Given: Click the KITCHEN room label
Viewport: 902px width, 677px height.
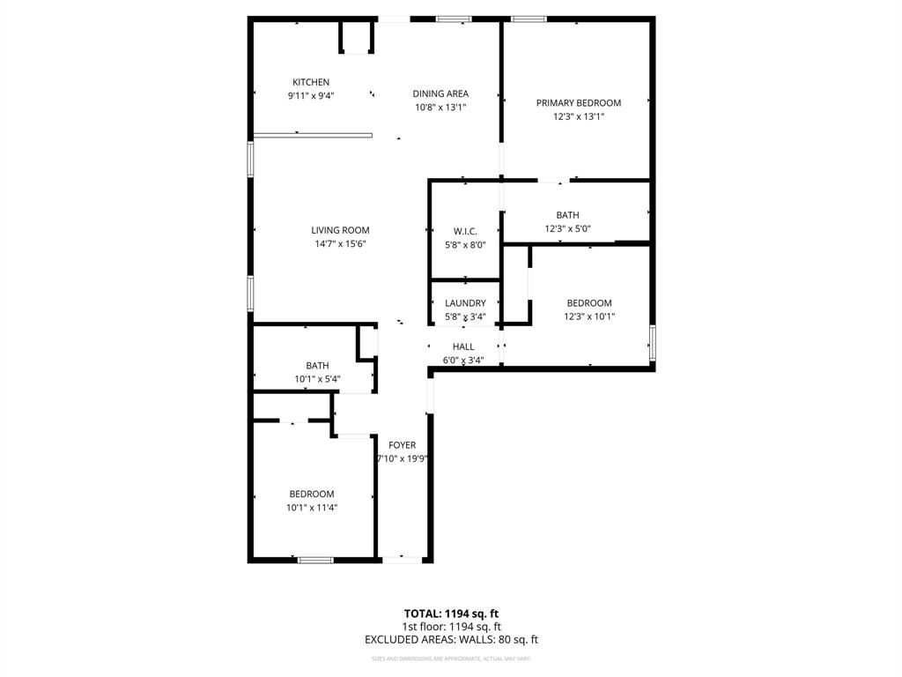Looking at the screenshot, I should pos(311,83).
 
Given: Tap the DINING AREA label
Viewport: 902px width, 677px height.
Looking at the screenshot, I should pos(440,93).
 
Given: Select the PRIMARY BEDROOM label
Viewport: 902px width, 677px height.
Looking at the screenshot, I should pos(579,103).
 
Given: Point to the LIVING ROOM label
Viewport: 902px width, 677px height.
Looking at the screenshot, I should pos(340,231).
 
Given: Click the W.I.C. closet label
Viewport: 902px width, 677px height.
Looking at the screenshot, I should pos(465,232).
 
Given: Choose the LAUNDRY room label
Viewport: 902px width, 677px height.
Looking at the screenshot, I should pos(465,304).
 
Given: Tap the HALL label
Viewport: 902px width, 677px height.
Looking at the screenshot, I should pos(463,347).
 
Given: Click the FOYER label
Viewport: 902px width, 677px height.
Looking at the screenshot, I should pos(403,446).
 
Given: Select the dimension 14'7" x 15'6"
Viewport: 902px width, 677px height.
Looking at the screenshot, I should pos(340,244).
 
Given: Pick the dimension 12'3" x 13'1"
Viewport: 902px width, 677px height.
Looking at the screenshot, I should pos(579,116).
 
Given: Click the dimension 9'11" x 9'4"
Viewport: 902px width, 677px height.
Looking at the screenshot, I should pos(311,96).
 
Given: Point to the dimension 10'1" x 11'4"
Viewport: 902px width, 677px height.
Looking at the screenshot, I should pos(312,507).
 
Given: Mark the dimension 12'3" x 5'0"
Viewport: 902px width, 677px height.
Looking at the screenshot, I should pos(567,228).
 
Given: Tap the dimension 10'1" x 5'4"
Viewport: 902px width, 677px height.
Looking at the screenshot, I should pos(317,379).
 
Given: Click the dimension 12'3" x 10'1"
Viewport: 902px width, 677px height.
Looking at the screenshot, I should pos(589,316).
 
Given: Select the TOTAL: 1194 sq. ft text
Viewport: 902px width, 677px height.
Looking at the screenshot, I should pos(451,614).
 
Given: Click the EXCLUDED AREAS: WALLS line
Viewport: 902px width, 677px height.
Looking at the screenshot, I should pos(451,640).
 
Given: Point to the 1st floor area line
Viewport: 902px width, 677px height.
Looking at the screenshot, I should pos(451,627).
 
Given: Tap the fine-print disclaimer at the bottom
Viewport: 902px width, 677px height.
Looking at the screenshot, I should pos(451,658).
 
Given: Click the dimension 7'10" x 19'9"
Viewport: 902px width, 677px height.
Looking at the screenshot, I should pos(403,459).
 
